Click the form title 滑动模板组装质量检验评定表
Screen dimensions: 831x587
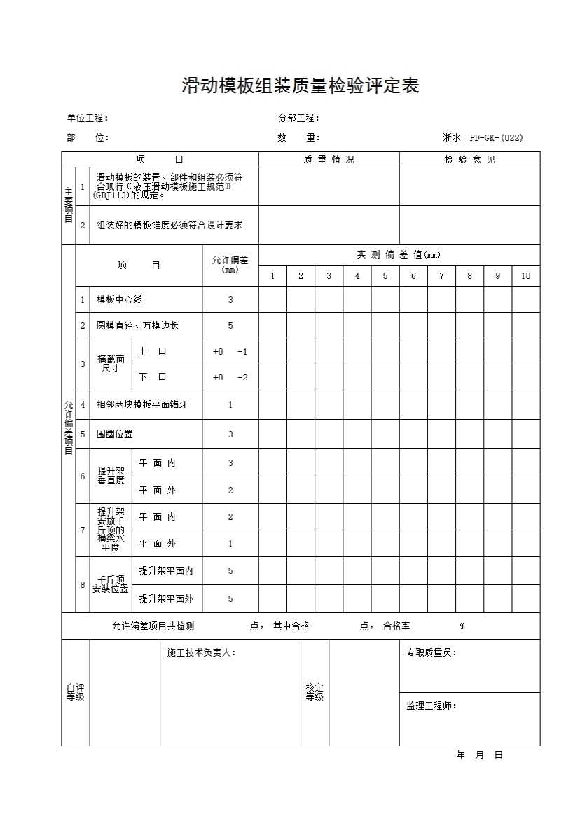(301, 87)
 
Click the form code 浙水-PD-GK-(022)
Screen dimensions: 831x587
(483, 138)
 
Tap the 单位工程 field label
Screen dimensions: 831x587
(88, 118)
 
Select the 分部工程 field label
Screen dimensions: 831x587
(299, 118)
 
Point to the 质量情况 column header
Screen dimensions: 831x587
(329, 160)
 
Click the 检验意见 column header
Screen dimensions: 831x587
(469, 160)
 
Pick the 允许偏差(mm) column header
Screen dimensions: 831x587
(230, 264)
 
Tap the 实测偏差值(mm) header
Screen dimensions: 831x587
(399, 255)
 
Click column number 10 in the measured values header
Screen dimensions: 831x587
(525, 276)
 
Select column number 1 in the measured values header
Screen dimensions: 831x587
(272, 276)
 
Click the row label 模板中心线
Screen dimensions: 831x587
(120, 300)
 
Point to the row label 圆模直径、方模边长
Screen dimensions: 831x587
(137, 326)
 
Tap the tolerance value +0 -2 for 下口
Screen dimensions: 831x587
(230, 378)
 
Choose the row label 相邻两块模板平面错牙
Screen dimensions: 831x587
(142, 405)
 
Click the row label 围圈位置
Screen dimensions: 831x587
(115, 434)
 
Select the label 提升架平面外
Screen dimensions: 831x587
(166, 599)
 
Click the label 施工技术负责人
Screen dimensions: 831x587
(201, 653)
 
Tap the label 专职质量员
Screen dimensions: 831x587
(431, 653)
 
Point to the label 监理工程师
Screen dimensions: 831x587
(431, 706)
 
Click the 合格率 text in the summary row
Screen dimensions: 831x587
(396, 626)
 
